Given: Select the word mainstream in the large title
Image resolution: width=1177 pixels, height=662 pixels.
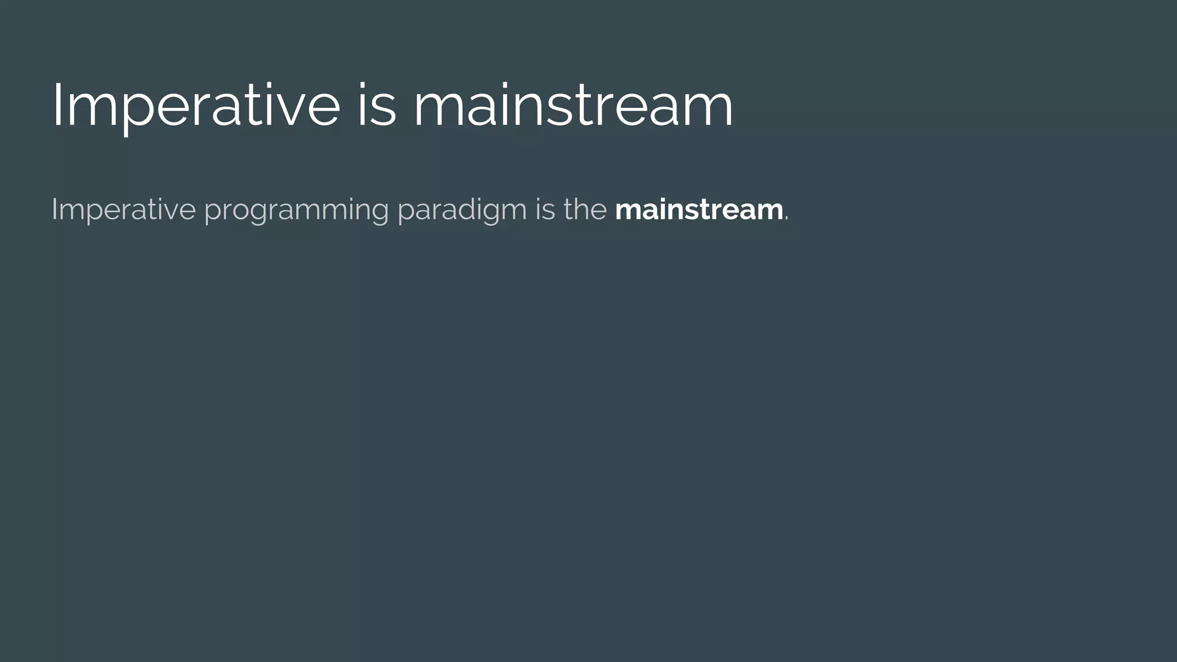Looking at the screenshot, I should tap(573, 106).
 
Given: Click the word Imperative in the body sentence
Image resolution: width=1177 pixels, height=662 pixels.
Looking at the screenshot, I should tap(124, 209).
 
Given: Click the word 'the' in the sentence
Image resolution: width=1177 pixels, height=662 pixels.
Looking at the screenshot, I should tap(585, 209).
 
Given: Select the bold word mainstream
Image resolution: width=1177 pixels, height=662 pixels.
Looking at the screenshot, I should tap(699, 209).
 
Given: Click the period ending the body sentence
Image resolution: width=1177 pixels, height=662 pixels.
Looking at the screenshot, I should tap(787, 218).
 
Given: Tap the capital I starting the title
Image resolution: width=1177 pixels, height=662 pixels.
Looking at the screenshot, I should tap(56, 106).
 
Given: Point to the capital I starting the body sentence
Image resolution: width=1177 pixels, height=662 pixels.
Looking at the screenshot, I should tap(53, 209).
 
